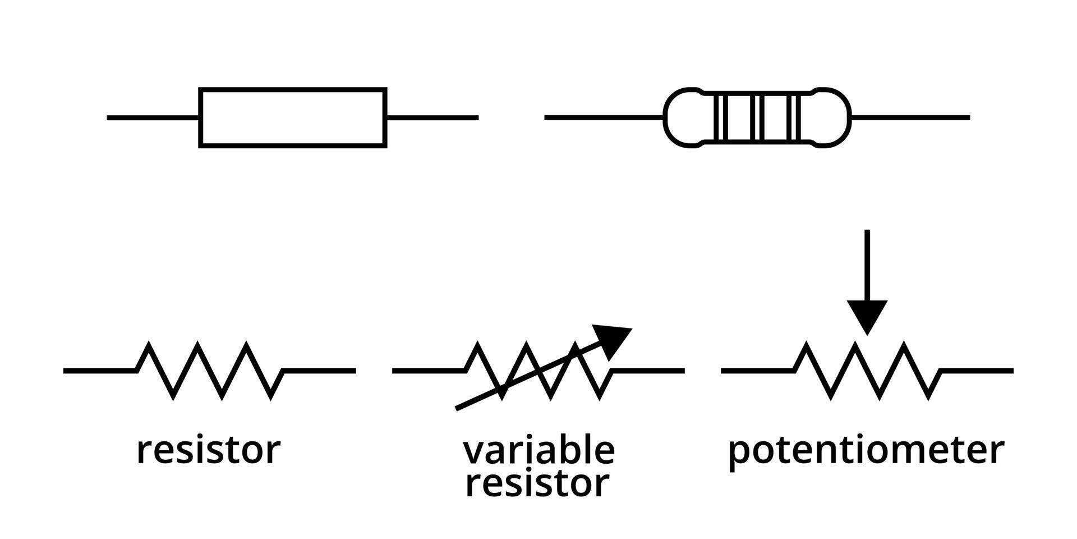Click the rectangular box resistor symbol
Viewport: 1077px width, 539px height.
point(292,117)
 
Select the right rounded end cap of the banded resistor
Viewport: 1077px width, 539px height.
point(832,117)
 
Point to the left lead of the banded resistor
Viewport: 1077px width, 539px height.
point(603,117)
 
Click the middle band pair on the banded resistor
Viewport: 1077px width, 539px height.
point(758,117)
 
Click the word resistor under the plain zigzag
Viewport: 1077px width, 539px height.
point(208,450)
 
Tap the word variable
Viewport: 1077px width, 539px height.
point(538,450)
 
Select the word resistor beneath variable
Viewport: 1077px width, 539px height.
point(537,484)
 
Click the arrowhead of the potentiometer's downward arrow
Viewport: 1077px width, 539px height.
point(867,316)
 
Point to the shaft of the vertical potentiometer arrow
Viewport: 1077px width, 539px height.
point(867,264)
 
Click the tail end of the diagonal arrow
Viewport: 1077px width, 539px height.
point(461,407)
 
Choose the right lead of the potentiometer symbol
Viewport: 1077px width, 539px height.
point(976,371)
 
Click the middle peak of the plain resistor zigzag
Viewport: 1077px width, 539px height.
point(198,344)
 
